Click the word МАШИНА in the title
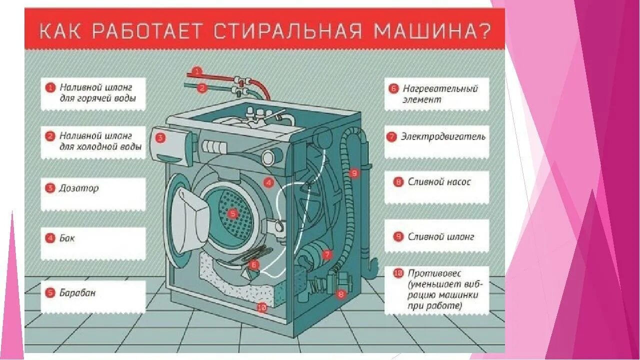click(x=432, y=33)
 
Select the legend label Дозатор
click(x=79, y=188)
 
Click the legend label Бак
click(x=67, y=238)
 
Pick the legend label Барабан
click(x=77, y=293)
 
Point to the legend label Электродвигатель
click(x=443, y=136)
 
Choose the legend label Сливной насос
click(x=439, y=182)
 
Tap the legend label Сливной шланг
click(x=440, y=237)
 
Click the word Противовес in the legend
click(x=434, y=273)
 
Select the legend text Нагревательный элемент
click(x=440, y=93)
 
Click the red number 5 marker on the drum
click(x=232, y=214)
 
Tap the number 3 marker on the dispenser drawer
click(x=160, y=138)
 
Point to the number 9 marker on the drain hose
click(x=354, y=173)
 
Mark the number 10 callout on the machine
click(x=261, y=308)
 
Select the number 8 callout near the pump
click(x=341, y=294)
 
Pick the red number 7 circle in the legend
click(x=392, y=136)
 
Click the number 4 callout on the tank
click(x=268, y=182)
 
